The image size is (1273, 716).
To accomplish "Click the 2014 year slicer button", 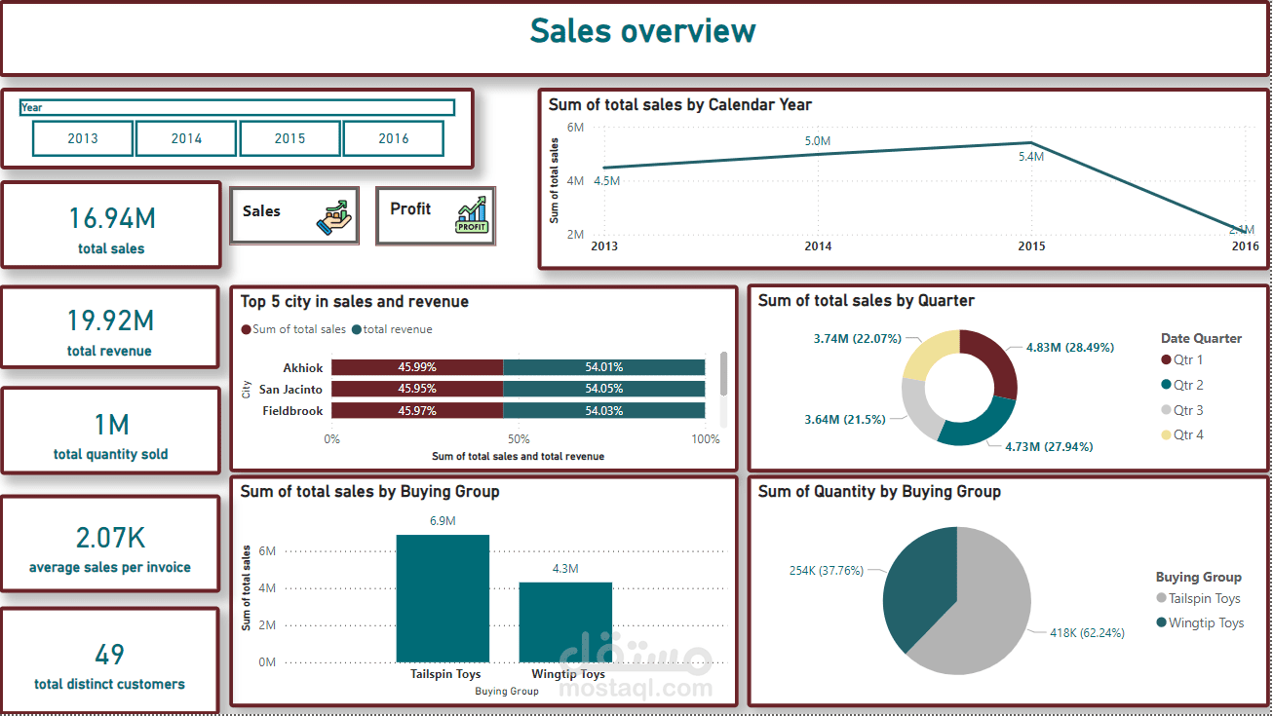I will (186, 138).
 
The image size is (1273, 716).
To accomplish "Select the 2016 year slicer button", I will (394, 138).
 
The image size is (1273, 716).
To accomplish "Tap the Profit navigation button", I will (435, 215).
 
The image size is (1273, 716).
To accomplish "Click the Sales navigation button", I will (294, 215).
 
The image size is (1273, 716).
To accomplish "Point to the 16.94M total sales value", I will (111, 218).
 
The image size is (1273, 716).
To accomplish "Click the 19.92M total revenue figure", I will (110, 320).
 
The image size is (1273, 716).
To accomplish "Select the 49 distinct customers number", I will (109, 654).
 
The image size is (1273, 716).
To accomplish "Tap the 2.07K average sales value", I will (110, 538).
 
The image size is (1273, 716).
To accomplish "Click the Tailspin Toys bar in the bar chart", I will (443, 598).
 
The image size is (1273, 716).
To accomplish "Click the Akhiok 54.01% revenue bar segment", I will (603, 367).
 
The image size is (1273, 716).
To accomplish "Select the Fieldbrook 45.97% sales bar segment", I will (417, 411).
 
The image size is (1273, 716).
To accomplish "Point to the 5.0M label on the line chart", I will (817, 141).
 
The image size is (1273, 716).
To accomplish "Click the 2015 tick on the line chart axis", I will (1031, 246).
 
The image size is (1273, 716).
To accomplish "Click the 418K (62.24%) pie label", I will (1086, 632).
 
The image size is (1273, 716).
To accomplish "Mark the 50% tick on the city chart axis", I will (519, 439).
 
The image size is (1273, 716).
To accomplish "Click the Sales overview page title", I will (642, 31).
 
